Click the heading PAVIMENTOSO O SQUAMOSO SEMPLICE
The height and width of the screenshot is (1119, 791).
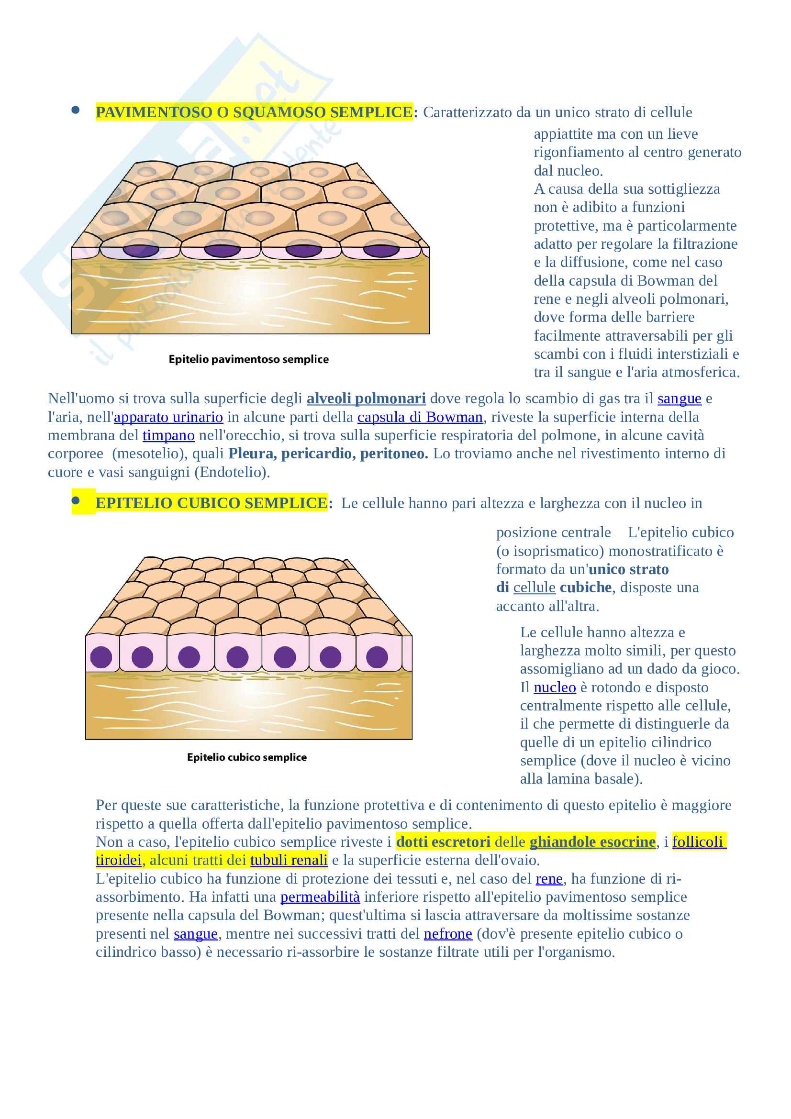tap(254, 112)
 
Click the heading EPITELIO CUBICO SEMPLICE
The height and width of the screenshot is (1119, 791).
tap(211, 503)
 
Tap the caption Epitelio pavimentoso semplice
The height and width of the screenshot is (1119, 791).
tap(248, 359)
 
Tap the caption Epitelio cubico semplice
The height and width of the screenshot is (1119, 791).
tap(246, 757)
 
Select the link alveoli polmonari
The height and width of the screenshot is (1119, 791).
tap(366, 399)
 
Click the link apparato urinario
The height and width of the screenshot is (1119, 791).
tap(168, 417)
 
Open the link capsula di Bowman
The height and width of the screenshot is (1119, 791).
tap(420, 417)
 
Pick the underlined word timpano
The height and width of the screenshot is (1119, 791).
tap(168, 435)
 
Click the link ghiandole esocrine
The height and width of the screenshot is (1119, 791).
tap(592, 842)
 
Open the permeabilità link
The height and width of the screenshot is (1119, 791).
tap(320, 897)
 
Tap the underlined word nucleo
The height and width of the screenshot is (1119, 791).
tap(555, 687)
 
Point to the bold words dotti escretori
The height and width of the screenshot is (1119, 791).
tap(443, 842)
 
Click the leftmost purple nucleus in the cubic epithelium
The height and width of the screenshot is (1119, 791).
tap(101, 657)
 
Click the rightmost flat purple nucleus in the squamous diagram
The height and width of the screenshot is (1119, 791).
tap(381, 251)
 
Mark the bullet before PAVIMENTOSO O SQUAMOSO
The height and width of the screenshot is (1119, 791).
tap(76, 110)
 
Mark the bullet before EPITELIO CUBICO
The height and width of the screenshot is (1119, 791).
tap(76, 500)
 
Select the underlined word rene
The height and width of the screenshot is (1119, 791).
tap(549, 879)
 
